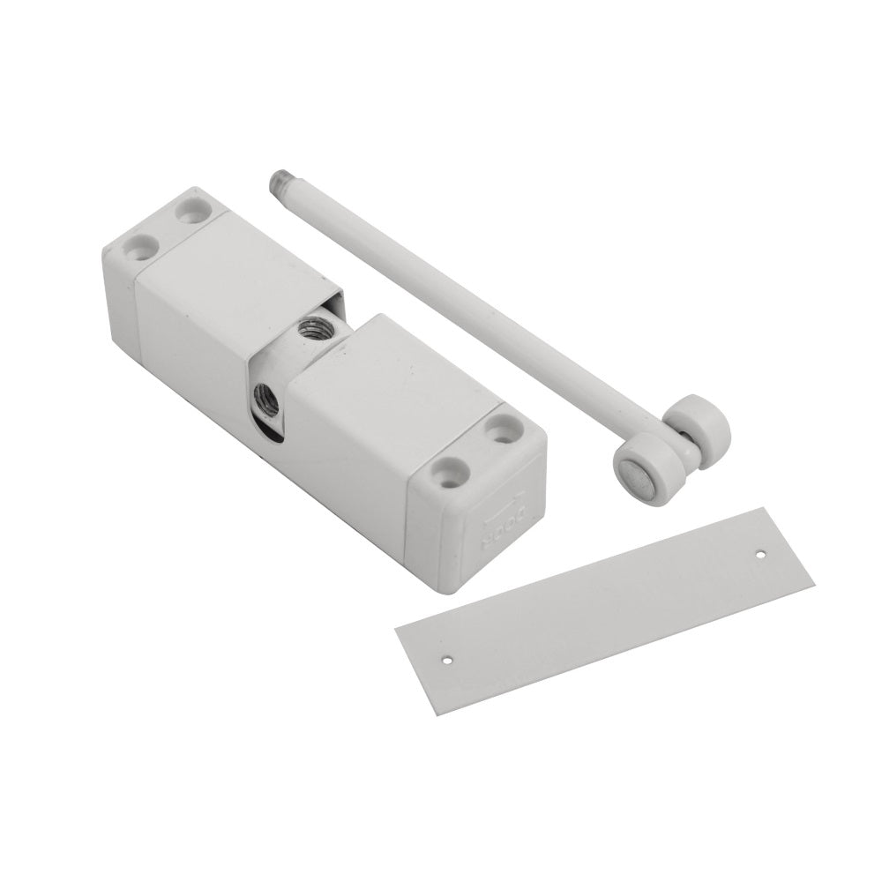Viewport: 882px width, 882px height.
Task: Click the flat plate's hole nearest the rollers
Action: pos(760,555)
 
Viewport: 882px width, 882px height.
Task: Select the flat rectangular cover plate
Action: pos(609,609)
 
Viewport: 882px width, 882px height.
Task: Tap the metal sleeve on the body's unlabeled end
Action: pos(220,282)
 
